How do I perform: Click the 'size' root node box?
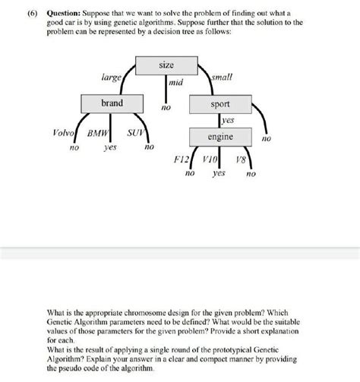166,66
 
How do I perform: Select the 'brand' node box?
112,103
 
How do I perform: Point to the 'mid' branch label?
175,81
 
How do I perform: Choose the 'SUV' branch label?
134,132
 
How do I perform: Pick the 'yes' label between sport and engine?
228,121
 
